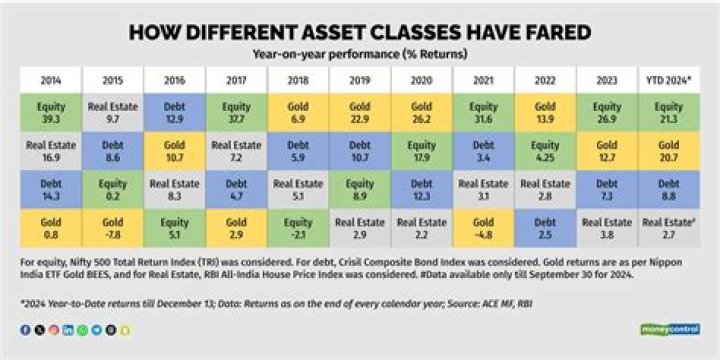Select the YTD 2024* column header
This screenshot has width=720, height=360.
(668, 79)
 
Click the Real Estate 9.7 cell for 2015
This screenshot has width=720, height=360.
(112, 112)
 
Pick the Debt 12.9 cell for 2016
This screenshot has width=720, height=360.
(174, 112)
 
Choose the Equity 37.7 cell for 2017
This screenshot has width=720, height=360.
(236, 112)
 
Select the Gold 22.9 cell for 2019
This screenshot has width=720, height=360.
(360, 112)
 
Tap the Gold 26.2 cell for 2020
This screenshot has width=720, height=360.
(422, 112)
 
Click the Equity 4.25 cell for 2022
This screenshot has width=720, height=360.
(546, 151)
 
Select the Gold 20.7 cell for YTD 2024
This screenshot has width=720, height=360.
(668, 151)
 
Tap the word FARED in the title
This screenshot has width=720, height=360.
(546, 33)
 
